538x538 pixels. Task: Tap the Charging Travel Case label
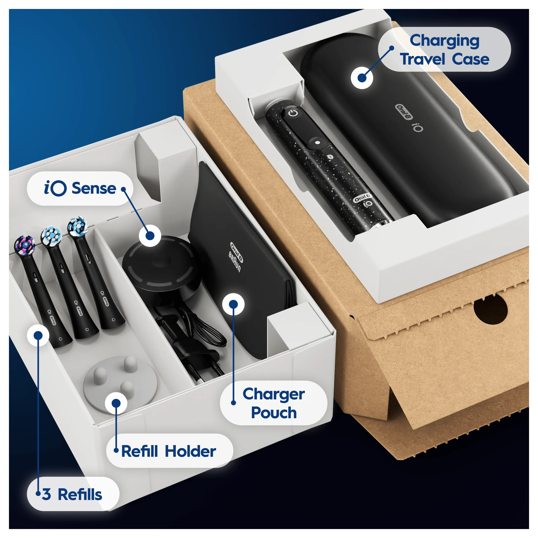(x=444, y=49)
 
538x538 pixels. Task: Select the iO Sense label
(x=80, y=188)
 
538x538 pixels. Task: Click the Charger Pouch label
(x=274, y=403)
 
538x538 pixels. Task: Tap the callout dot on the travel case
(x=362, y=78)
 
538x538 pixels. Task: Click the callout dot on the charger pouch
(x=233, y=304)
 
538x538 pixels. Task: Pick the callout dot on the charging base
(x=150, y=236)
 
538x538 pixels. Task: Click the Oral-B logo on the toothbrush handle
(x=362, y=198)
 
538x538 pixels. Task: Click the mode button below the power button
(x=317, y=142)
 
